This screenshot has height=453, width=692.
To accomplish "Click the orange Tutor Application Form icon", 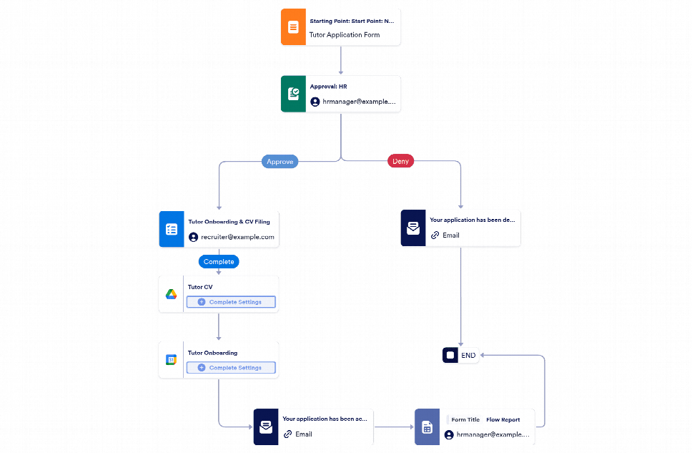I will (293, 28).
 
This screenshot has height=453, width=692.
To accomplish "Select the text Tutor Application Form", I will (344, 34).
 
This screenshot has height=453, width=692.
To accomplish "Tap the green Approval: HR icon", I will (293, 94).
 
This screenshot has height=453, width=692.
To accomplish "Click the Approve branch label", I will (280, 162).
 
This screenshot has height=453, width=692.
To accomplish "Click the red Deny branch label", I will (400, 162).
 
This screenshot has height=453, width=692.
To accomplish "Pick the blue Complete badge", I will (219, 262).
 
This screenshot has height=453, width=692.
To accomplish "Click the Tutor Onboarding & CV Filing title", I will (233, 222).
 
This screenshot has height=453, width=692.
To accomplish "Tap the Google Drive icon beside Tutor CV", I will (172, 295).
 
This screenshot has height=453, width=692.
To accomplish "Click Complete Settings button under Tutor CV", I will (230, 302).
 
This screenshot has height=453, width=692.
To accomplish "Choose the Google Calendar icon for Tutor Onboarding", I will (172, 360).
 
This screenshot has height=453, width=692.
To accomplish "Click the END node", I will (460, 355).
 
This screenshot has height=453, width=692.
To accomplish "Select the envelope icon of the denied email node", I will (413, 228).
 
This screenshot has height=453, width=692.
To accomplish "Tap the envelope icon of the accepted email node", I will (265, 427).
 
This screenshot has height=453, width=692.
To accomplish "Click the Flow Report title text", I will (503, 420).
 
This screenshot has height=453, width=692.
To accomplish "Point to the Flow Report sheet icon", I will (427, 427).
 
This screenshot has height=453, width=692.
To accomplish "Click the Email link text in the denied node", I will (450, 235).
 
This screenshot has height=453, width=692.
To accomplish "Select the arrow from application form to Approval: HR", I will (341, 61).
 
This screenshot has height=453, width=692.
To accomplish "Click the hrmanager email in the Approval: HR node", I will (358, 102).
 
